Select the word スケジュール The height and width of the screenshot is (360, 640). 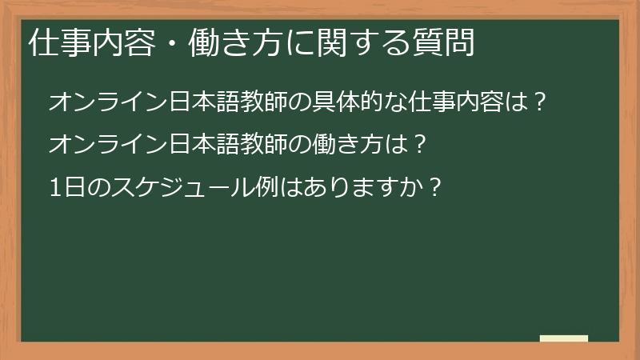170,187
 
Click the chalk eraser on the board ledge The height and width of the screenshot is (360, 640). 563,339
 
